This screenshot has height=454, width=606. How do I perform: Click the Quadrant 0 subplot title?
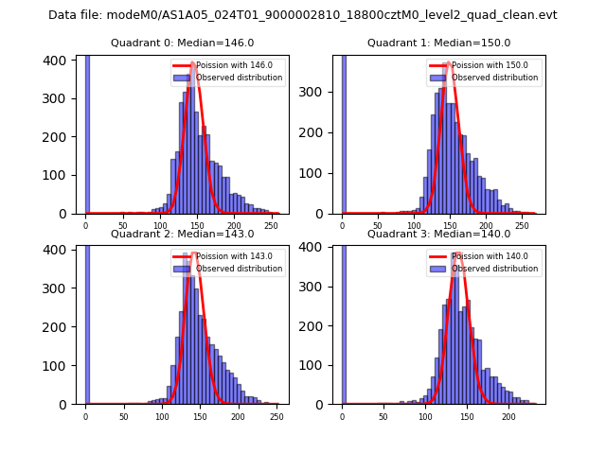[183, 43]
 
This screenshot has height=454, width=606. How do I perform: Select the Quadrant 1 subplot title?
[438, 43]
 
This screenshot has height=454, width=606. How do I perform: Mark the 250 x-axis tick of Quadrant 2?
[238, 416]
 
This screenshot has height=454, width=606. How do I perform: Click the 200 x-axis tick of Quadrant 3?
[508, 416]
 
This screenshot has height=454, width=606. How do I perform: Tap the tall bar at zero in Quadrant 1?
[343, 132]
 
